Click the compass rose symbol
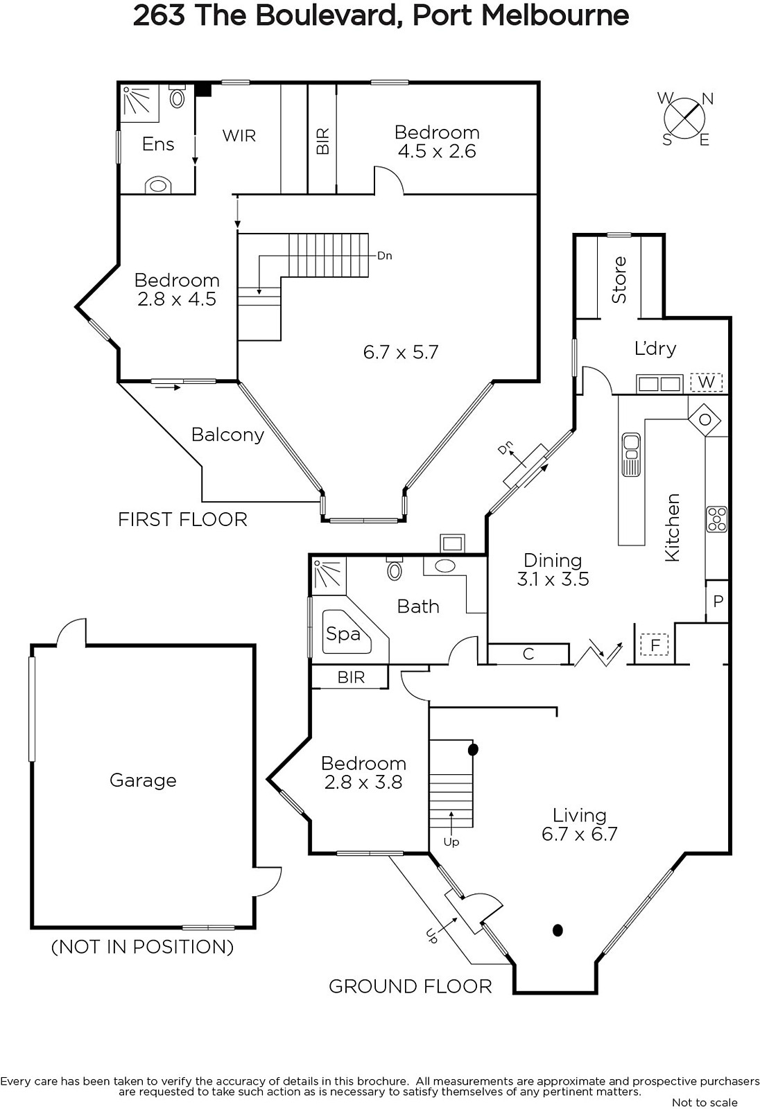click(685, 119)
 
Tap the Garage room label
click(143, 780)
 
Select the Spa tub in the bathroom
click(347, 633)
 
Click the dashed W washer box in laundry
click(706, 382)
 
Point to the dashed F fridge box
click(655, 645)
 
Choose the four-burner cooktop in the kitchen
click(716, 519)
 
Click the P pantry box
click(717, 601)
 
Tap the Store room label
click(619, 280)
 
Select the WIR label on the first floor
click(239, 135)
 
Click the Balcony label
click(227, 434)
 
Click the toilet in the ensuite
click(177, 96)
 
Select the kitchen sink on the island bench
click(631, 454)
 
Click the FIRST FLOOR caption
click(182, 519)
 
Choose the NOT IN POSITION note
click(143, 947)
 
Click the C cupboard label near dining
click(528, 654)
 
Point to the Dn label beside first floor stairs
click(384, 256)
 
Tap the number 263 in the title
click(158, 15)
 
